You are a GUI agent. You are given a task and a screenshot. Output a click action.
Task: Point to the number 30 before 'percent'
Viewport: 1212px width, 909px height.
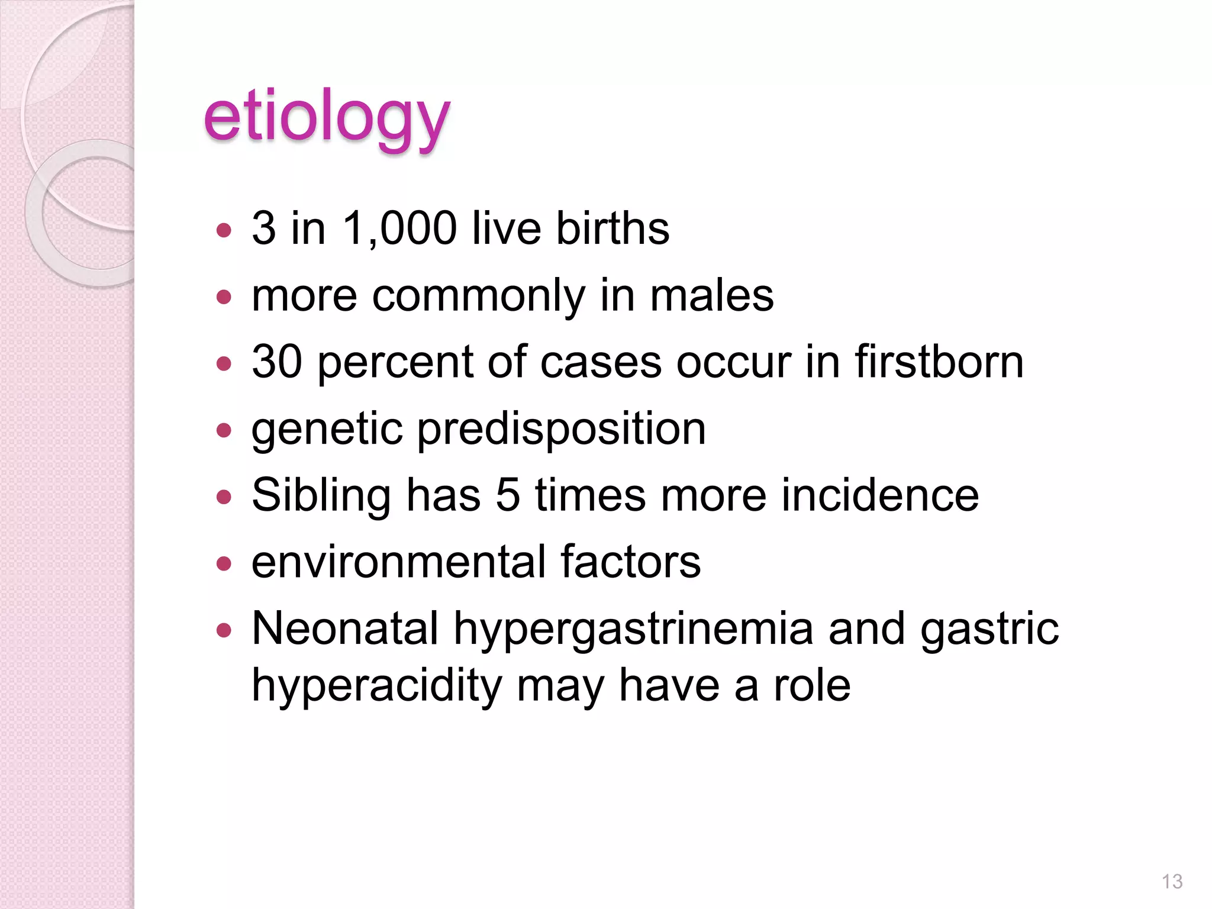coord(277,362)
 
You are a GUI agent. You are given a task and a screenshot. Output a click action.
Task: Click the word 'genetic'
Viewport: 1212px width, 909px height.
coord(327,430)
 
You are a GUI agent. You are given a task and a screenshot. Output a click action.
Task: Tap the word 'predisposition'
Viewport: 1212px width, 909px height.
coord(562,430)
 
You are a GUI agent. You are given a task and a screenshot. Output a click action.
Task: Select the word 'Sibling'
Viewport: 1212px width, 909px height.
coord(321,496)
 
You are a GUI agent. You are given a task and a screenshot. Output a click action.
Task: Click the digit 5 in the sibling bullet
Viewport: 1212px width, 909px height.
coord(508,496)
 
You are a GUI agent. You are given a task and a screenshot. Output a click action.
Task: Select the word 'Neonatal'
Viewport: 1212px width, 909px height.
coord(345,628)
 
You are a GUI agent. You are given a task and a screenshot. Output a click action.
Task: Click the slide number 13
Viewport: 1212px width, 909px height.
coord(1172,881)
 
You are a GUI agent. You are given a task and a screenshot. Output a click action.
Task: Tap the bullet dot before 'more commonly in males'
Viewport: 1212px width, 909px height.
coord(224,296)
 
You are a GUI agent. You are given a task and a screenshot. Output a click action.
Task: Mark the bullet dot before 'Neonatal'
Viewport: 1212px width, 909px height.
coord(224,630)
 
